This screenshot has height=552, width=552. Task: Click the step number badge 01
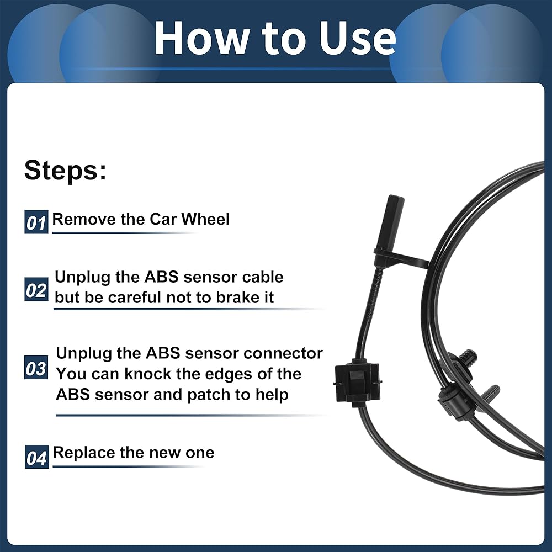point(36,222)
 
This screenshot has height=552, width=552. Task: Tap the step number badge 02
point(36,289)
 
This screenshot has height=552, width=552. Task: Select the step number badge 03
point(36,368)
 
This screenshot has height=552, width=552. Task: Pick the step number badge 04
point(36,457)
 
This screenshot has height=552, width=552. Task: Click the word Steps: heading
point(65,171)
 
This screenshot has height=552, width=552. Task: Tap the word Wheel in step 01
point(205,219)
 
